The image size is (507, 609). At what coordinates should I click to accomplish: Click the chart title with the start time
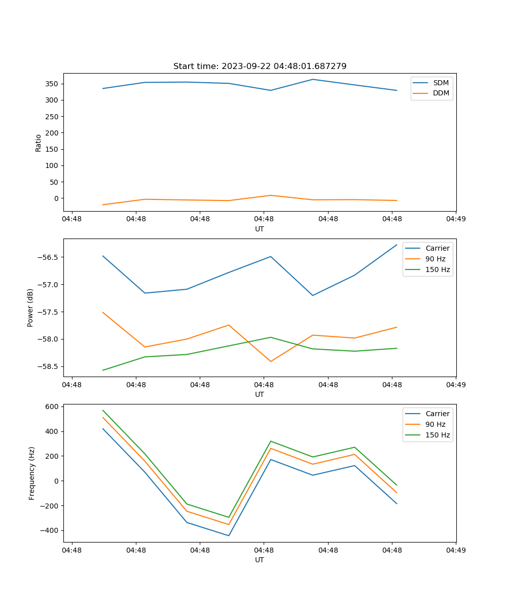(x=260, y=66)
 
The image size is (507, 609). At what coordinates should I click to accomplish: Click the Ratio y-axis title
(x=39, y=143)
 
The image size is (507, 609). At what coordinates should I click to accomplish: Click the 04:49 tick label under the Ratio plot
(x=456, y=219)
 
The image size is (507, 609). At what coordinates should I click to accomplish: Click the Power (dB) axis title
(x=30, y=308)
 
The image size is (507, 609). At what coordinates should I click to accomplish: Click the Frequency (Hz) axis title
(x=32, y=473)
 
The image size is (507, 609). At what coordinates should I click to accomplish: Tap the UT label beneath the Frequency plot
(x=260, y=560)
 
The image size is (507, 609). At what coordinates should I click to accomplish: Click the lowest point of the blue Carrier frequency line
(x=229, y=535)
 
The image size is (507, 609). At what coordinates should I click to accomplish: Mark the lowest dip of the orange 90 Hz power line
(x=271, y=361)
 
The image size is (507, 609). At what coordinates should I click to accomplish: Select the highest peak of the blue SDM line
(x=313, y=79)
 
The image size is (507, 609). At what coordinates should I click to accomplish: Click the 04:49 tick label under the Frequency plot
(x=456, y=550)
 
